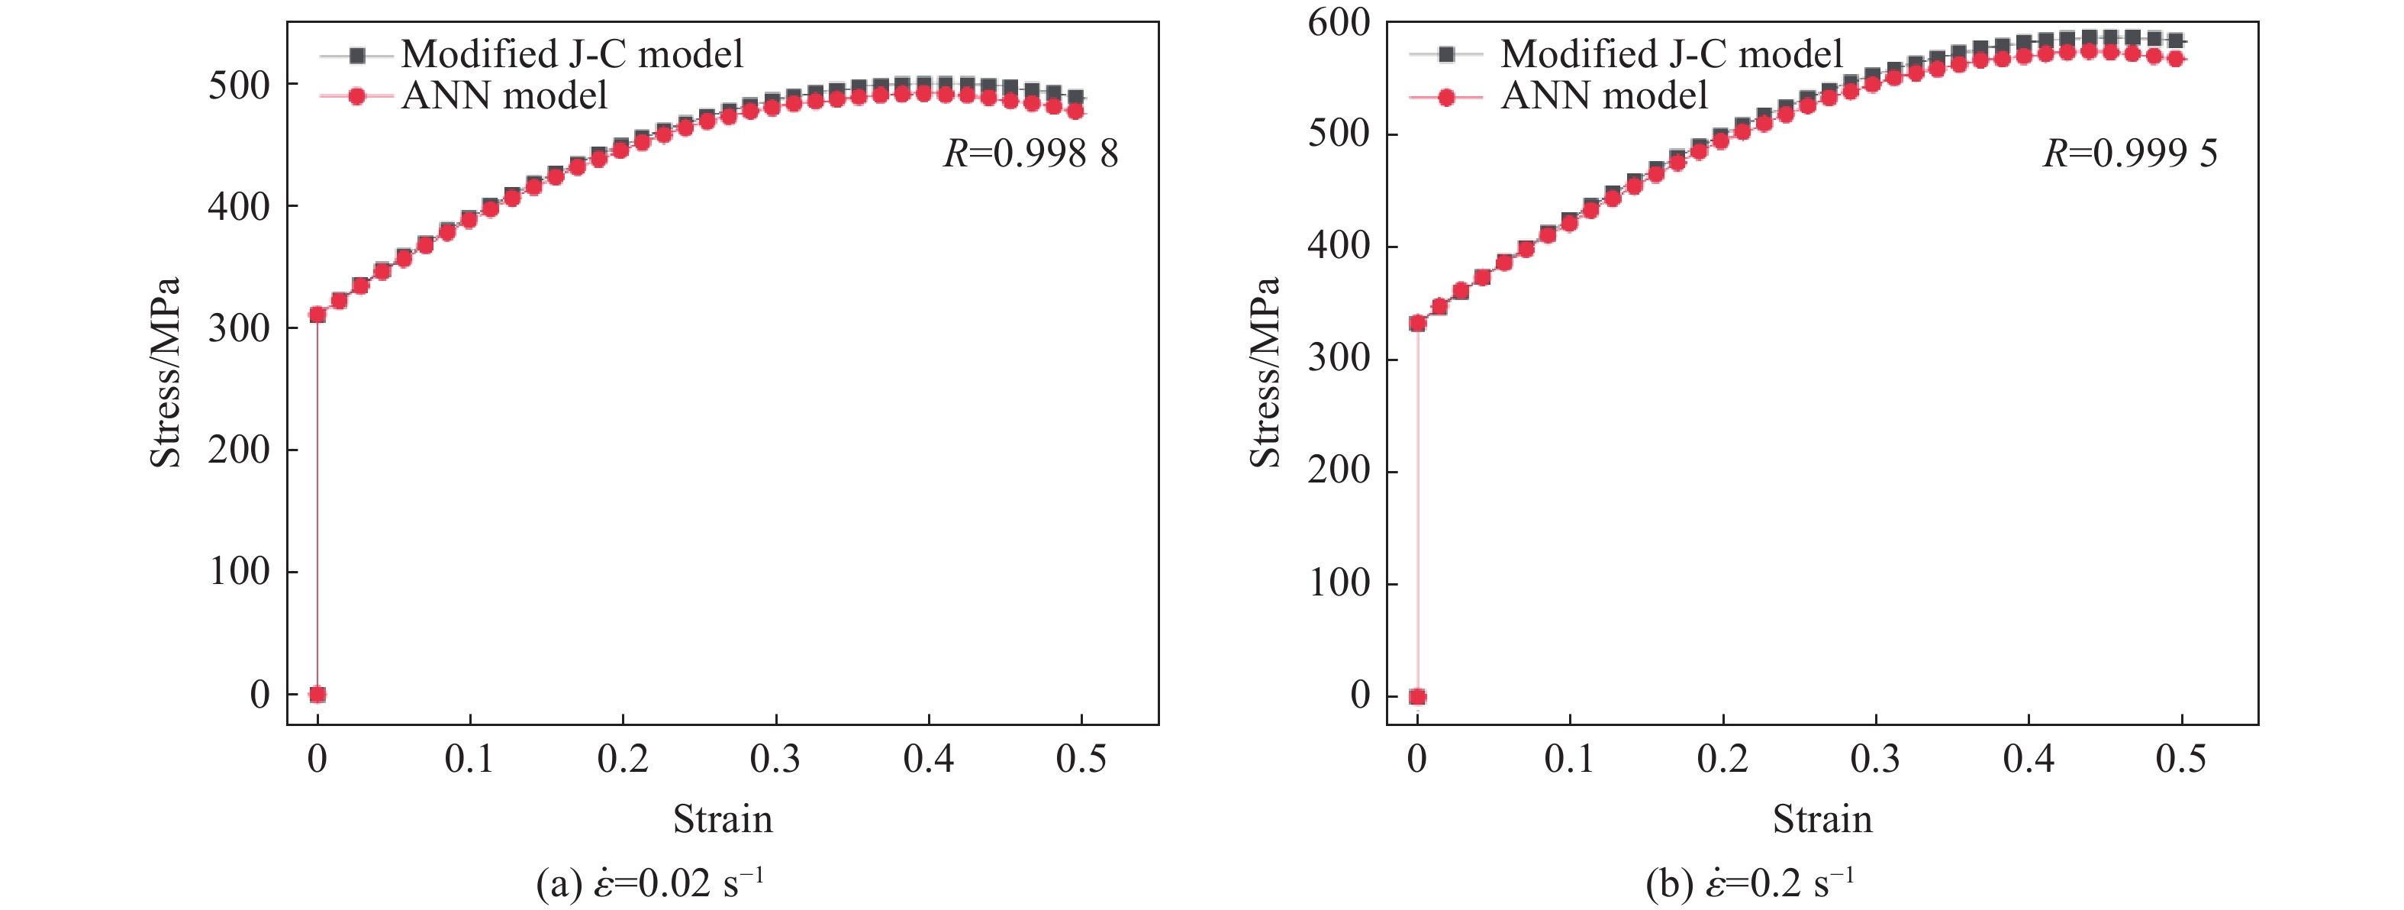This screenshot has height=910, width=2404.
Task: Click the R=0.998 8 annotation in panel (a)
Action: (x=1030, y=154)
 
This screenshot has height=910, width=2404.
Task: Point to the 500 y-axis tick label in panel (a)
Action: (x=239, y=86)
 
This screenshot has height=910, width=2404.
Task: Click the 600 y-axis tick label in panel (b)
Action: (x=1339, y=22)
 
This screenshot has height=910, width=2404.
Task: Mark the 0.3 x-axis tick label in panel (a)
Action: (x=775, y=760)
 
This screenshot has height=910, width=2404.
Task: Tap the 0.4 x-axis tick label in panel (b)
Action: (x=2028, y=760)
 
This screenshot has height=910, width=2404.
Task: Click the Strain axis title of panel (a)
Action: (x=723, y=819)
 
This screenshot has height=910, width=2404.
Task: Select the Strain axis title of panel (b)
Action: (x=1822, y=819)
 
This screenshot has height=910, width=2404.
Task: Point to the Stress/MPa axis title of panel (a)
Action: (x=165, y=372)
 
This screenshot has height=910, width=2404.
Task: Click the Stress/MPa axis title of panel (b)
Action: (x=1265, y=372)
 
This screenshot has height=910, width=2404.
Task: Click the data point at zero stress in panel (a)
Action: (x=317, y=695)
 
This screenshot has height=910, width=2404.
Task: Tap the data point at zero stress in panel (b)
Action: (x=1417, y=696)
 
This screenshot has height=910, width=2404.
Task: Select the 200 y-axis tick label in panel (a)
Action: (x=239, y=450)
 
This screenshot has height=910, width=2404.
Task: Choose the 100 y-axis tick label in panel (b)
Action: (x=1339, y=583)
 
